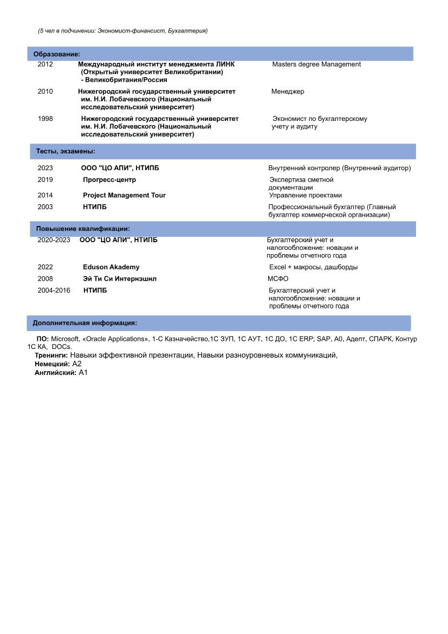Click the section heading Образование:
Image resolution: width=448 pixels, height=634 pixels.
tap(57, 54)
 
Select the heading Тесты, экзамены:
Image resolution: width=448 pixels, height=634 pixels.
tap(66, 151)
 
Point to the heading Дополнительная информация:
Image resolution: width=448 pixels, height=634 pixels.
tap(85, 323)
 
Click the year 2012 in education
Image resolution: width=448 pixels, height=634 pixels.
tap(46, 64)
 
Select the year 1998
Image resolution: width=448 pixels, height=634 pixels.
tap(46, 119)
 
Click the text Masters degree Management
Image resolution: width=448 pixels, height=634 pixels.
tap(316, 64)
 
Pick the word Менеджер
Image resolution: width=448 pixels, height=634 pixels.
tap(288, 92)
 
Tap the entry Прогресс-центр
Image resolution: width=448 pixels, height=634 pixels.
tap(109, 179)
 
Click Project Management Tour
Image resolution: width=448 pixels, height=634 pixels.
tap(124, 195)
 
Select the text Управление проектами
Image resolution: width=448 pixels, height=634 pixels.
tap(306, 195)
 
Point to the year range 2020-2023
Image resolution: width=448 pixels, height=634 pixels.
tap(54, 240)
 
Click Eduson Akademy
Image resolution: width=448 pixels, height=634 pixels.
tap(111, 267)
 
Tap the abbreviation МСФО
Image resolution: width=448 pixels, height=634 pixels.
tap(278, 279)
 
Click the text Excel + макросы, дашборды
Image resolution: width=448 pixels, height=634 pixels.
tap(313, 267)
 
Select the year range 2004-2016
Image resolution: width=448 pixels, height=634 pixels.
tap(54, 290)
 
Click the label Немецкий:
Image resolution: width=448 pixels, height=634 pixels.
tap(53, 364)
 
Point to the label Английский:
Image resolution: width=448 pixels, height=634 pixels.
tap(55, 373)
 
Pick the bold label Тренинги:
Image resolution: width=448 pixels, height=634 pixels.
tap(51, 355)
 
